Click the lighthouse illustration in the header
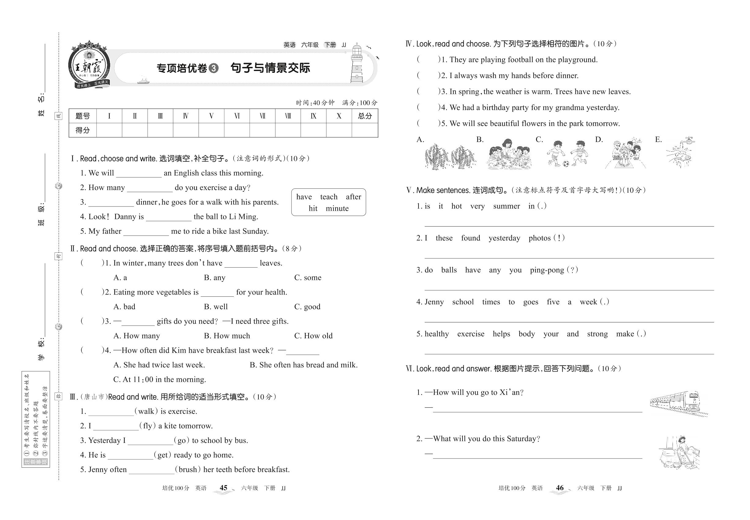coord(357,64)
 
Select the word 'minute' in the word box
coord(337,209)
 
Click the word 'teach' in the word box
coord(328,197)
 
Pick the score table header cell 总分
coord(365,116)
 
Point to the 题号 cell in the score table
coord(83,116)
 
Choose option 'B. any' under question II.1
coord(214,278)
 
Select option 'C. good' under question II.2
coord(307,306)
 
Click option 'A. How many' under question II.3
coord(136,336)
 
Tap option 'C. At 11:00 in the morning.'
coord(159,380)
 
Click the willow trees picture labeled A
coord(450,156)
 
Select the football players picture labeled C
coord(567,154)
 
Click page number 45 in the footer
coord(223,488)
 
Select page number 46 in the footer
coord(560,488)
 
